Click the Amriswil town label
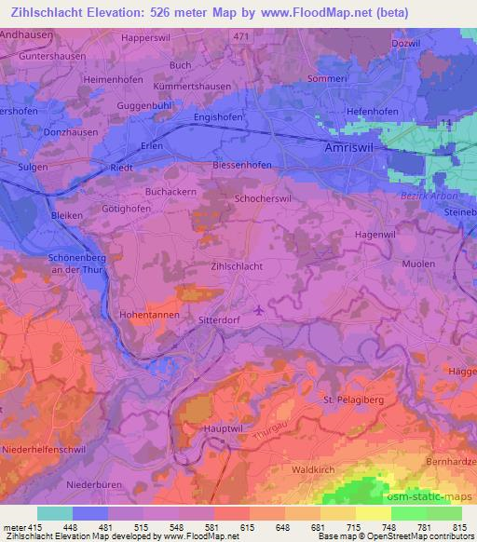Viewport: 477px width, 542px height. [351, 149]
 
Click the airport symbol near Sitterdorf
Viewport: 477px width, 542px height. [258, 309]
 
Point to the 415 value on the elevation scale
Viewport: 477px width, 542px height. [34, 527]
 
